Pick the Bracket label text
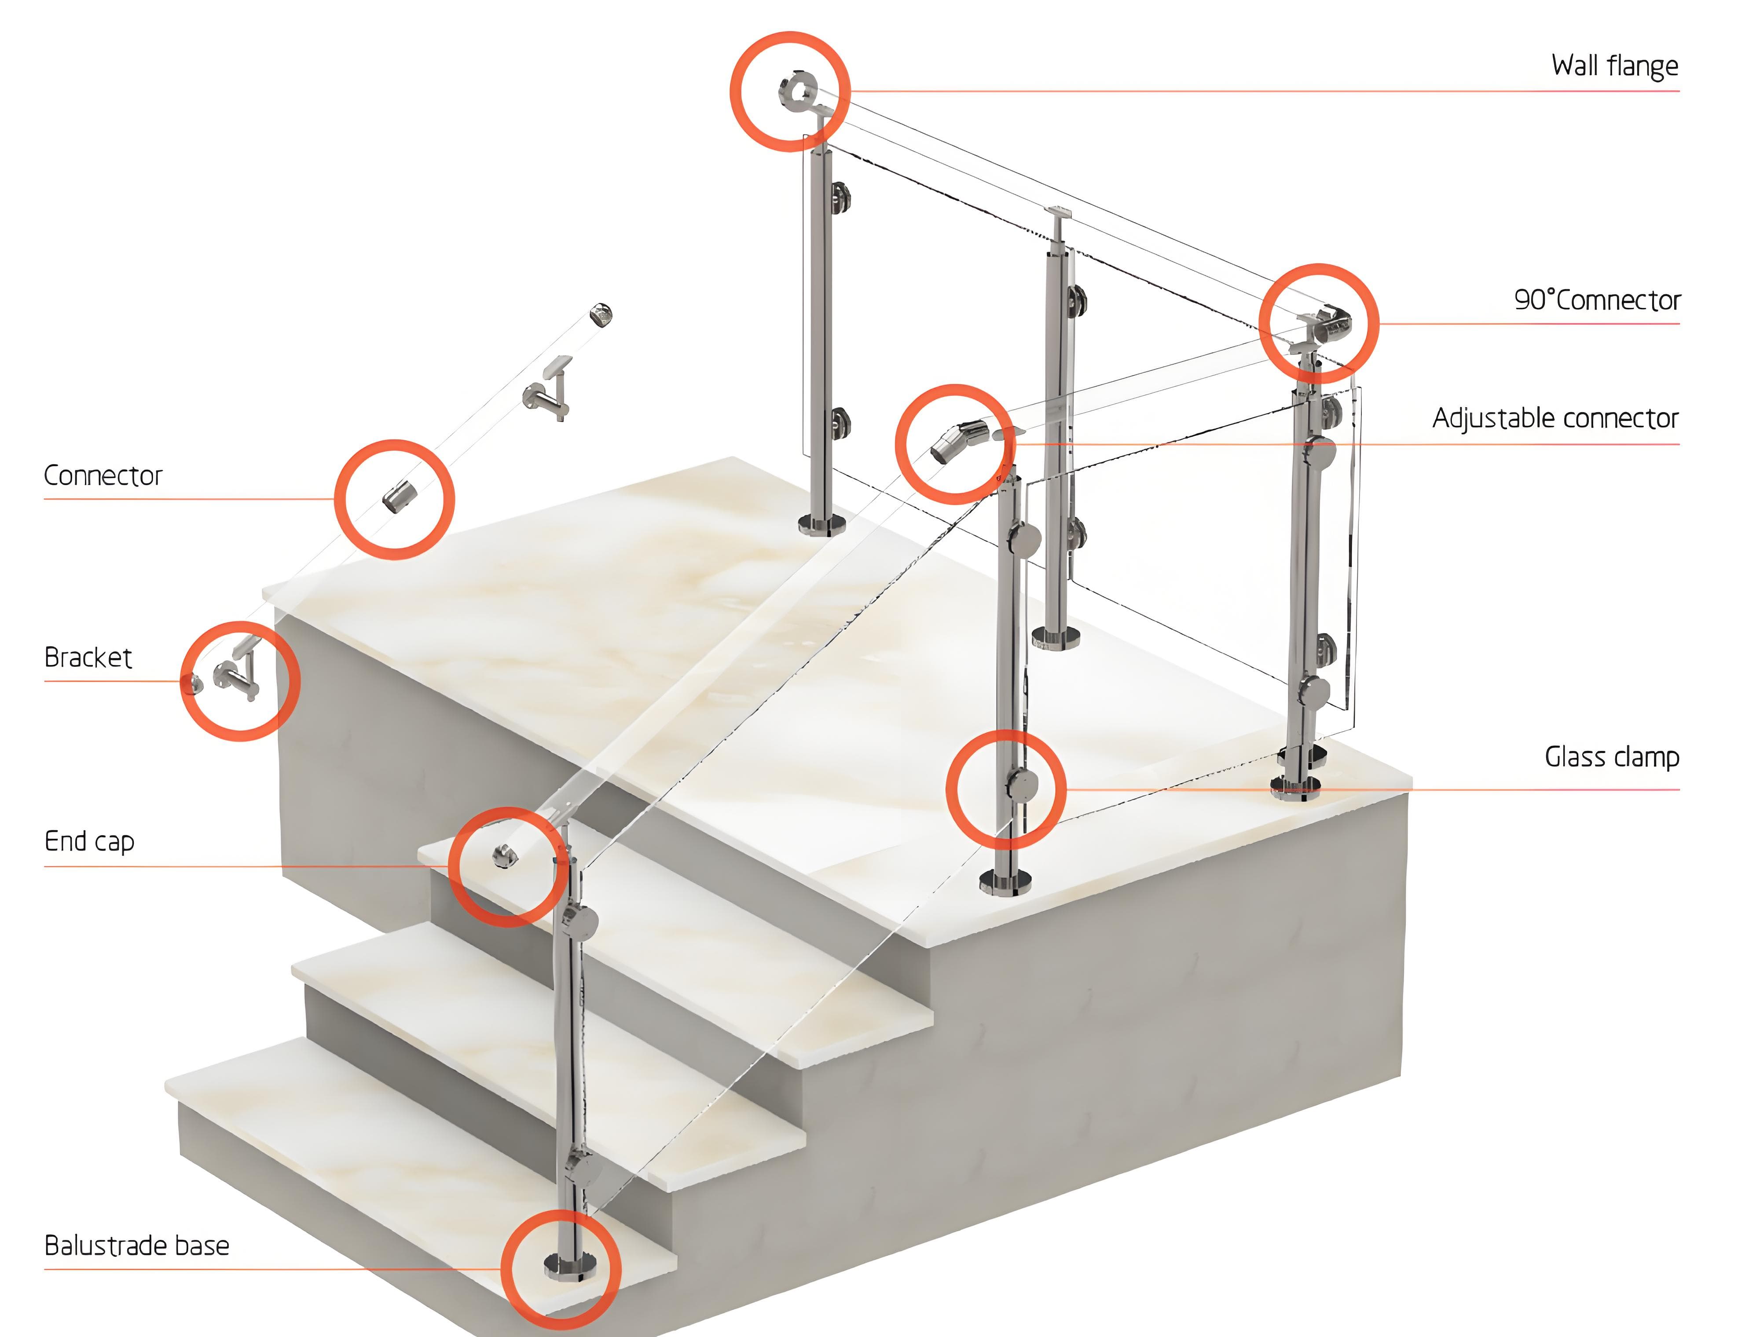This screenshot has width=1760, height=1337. click(x=88, y=658)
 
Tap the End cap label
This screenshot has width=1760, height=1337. click(x=89, y=842)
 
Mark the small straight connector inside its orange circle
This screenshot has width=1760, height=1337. click(x=396, y=497)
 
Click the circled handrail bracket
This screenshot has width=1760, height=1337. click(x=237, y=675)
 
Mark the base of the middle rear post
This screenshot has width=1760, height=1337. click(x=1056, y=637)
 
